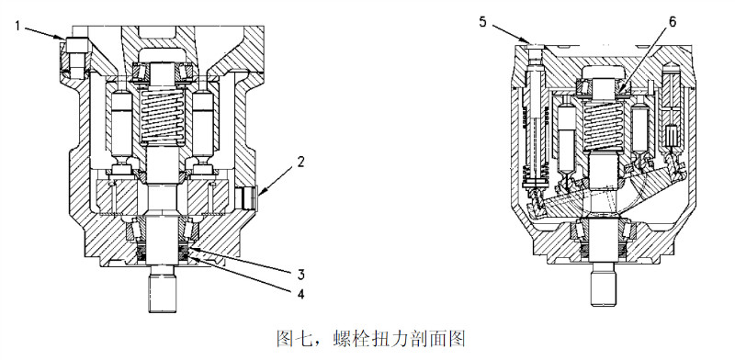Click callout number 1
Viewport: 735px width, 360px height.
point(17,26)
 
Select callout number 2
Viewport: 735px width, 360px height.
point(300,162)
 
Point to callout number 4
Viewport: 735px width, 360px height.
point(300,294)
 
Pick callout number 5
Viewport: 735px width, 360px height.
point(483,21)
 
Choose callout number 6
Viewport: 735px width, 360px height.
point(673,22)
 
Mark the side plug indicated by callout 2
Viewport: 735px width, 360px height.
point(246,197)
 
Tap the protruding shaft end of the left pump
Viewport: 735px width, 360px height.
point(163,294)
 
